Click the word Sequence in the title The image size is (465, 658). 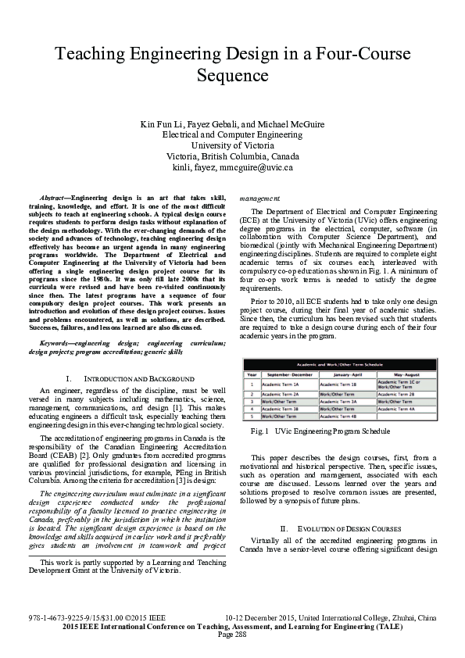click(232, 77)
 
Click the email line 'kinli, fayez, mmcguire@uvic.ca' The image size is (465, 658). click(232, 167)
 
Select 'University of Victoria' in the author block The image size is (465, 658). click(232, 145)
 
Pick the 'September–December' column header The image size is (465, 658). click(288, 374)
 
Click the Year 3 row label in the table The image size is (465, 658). click(252, 402)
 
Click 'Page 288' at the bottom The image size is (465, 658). click(232, 634)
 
